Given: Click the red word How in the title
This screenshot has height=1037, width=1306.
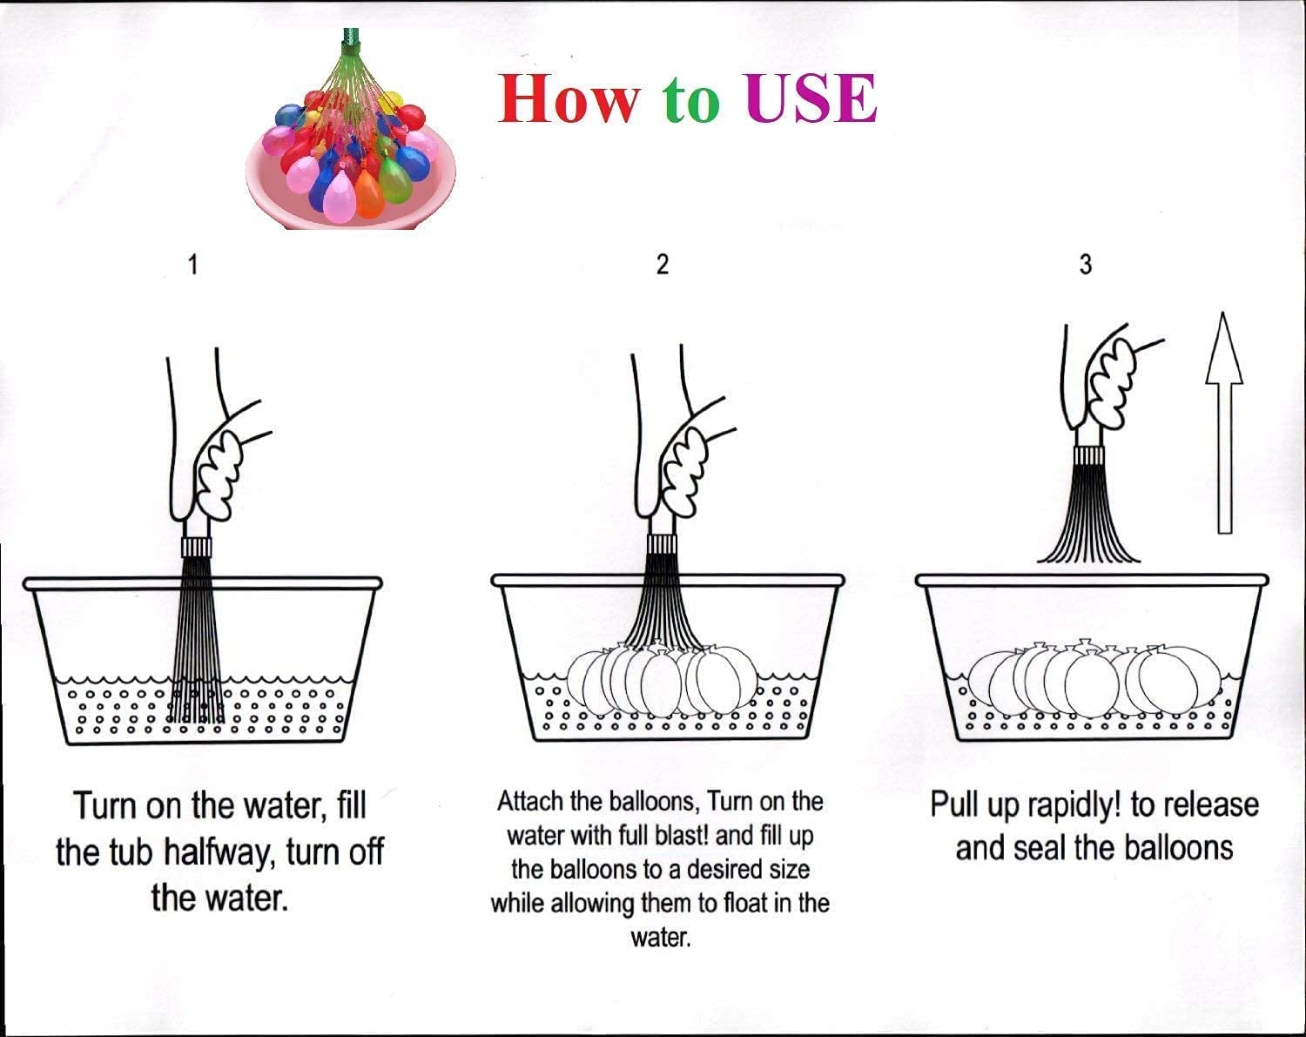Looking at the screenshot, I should tap(567, 98).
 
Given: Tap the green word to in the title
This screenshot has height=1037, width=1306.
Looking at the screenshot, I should tap(691, 100).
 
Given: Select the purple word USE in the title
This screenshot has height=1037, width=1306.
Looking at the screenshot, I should tap(810, 98).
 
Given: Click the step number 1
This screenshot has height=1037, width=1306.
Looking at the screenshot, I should tap(193, 265).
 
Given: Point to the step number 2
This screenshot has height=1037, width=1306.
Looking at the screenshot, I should tap(662, 265).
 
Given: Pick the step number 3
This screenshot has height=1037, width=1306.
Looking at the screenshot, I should tap(1085, 265).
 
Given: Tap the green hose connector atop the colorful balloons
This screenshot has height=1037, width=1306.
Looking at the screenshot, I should tap(351, 39).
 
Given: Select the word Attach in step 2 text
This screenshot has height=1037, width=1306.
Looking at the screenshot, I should tap(531, 801).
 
